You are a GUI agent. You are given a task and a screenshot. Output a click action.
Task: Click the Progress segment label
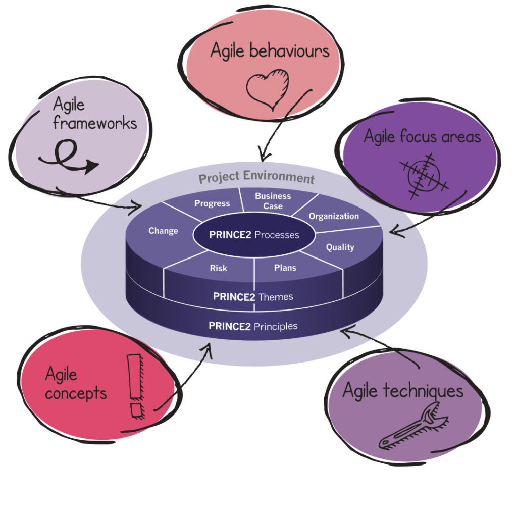[212, 203]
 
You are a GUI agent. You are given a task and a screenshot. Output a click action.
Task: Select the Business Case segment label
[273, 201]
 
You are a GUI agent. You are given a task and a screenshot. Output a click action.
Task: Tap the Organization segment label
[334, 216]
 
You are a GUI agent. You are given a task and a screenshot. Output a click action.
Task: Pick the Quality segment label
[340, 247]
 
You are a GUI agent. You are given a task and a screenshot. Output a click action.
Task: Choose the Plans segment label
[285, 268]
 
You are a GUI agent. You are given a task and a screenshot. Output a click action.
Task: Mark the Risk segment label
[219, 268]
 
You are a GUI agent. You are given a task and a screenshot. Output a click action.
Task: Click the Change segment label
[163, 231]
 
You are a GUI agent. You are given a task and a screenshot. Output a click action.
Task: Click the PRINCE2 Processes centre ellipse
[254, 235]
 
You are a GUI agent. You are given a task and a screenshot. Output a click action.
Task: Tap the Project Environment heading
[256, 178]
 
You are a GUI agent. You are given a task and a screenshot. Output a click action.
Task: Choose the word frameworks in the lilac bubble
[95, 123]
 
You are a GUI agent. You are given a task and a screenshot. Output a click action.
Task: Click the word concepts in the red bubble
[76, 393]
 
